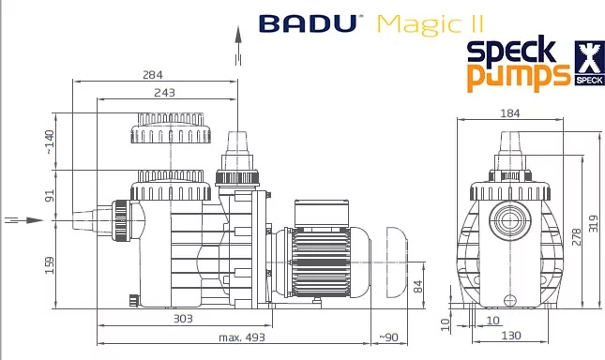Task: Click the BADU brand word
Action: [308, 23]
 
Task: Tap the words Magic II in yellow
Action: [430, 25]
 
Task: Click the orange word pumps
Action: [518, 77]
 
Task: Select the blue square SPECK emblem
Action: [590, 63]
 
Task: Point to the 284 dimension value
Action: [153, 74]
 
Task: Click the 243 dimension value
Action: [164, 93]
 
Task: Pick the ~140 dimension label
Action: [50, 142]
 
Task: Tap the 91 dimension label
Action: [50, 195]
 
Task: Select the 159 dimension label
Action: [50, 265]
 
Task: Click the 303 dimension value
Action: [183, 319]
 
